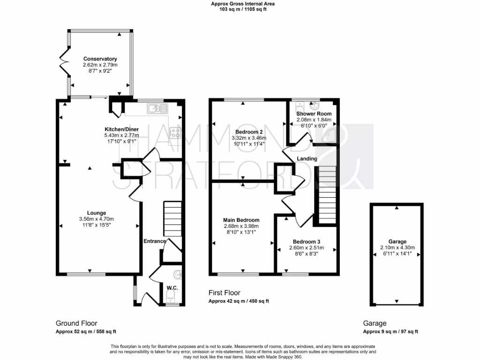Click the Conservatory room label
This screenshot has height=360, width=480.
(x=100, y=59)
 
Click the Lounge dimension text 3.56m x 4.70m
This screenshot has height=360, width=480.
(x=97, y=219)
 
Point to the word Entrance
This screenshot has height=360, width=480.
(x=155, y=241)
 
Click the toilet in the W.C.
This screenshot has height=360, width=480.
(x=171, y=294)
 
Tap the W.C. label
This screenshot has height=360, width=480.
(x=172, y=287)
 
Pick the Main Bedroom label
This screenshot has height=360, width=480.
(x=241, y=220)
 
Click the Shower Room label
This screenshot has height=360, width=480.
(x=314, y=113)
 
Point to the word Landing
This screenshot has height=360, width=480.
(x=307, y=159)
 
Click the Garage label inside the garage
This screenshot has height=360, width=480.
(x=397, y=241)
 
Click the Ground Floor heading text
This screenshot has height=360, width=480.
(x=76, y=323)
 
